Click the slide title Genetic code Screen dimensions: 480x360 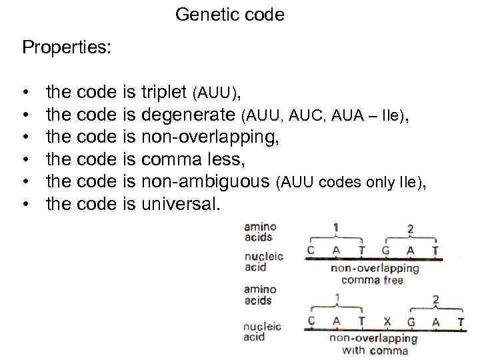coord(230,15)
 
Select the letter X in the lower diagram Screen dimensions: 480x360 coord(387,321)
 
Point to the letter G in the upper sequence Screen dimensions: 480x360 coord(386,251)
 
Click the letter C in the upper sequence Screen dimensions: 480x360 coord(311,251)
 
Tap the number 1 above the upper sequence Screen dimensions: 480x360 coord(336,228)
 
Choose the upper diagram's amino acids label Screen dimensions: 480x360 coord(258,231)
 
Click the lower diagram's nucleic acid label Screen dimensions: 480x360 coord(263,331)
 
